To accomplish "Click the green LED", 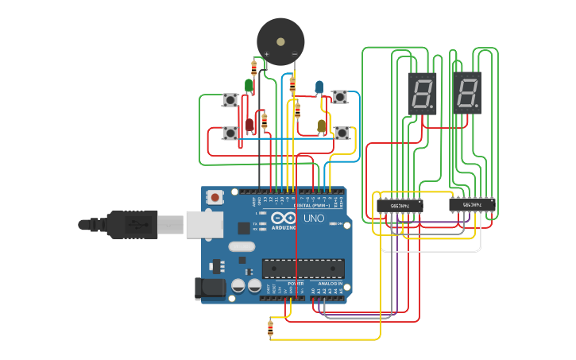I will pyautogui.click(x=249, y=84).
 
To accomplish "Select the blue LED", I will pyautogui.click(x=319, y=86).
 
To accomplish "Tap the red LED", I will pyautogui.click(x=250, y=124).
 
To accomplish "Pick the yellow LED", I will pyautogui.click(x=322, y=125).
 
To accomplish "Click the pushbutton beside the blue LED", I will pyautogui.click(x=340, y=97).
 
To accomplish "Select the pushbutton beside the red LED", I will pyautogui.click(x=230, y=134).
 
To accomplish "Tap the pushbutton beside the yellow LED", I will pyautogui.click(x=342, y=133).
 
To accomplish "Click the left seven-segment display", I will pyautogui.click(x=422, y=93).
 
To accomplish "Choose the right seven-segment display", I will pyautogui.click(x=467, y=93).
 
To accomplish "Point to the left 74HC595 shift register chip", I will pyautogui.click(x=399, y=205).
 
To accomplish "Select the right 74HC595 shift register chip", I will pyautogui.click(x=473, y=205).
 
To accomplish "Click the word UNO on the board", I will pyautogui.click(x=314, y=218).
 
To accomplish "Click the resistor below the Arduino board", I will pyautogui.click(x=271, y=327).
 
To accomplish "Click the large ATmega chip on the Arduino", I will pyautogui.click(x=303, y=269).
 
